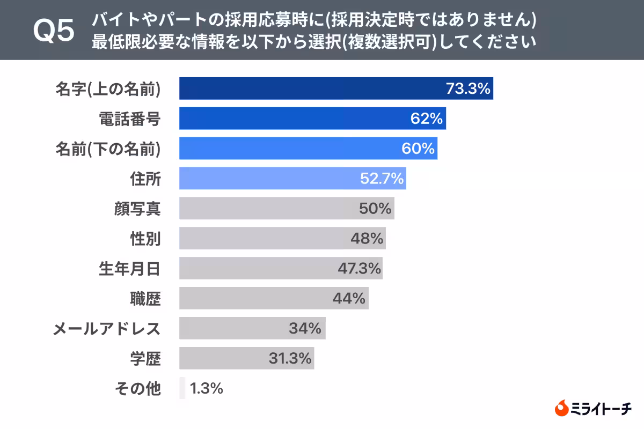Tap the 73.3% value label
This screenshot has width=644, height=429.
(468, 88)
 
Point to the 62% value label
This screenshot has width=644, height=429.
(427, 119)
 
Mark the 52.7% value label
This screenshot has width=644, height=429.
(382, 179)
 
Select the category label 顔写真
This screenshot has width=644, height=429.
(137, 209)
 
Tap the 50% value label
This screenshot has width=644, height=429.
(375, 209)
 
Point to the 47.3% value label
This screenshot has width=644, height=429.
(360, 268)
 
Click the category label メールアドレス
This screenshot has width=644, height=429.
(106, 328)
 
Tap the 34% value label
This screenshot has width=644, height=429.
(305, 328)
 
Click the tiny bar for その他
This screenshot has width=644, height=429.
(182, 388)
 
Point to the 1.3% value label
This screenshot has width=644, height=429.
(206, 388)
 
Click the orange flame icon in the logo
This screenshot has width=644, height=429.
(561, 409)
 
